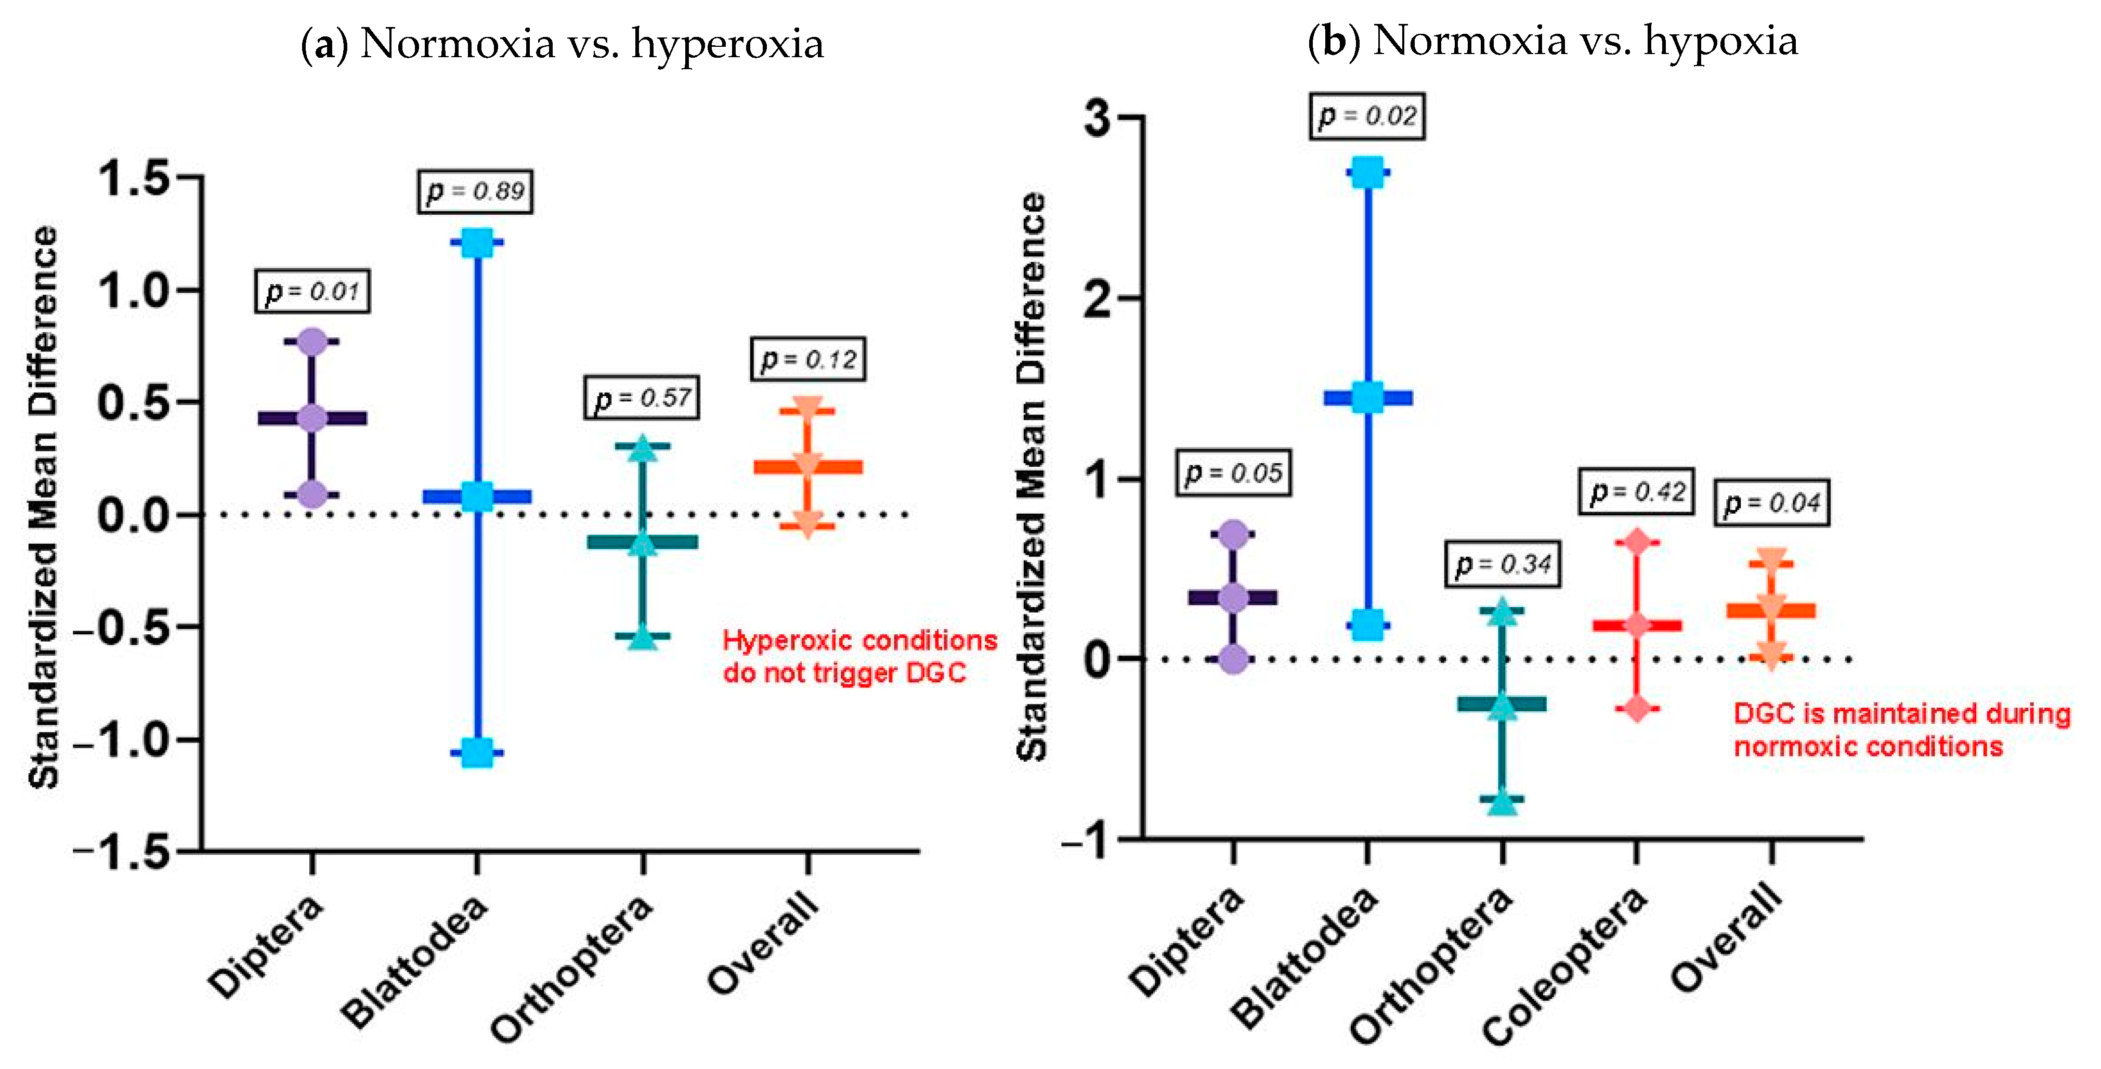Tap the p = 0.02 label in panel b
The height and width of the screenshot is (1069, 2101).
coord(1367,116)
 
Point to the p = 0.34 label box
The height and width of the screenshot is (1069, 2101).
coord(1503,564)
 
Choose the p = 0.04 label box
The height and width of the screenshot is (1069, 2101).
coord(1771,503)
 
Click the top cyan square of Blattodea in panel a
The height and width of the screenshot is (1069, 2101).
coord(477,242)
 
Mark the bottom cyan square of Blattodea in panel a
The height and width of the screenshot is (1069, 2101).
coord(477,752)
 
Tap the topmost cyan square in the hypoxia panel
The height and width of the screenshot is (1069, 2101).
coord(1368,173)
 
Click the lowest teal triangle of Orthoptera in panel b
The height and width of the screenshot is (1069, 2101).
coord(1503,802)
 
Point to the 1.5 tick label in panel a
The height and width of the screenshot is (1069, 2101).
coord(135,178)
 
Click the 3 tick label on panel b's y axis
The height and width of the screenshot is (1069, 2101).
coord(1098,118)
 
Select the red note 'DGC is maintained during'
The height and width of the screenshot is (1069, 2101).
coord(1901,714)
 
